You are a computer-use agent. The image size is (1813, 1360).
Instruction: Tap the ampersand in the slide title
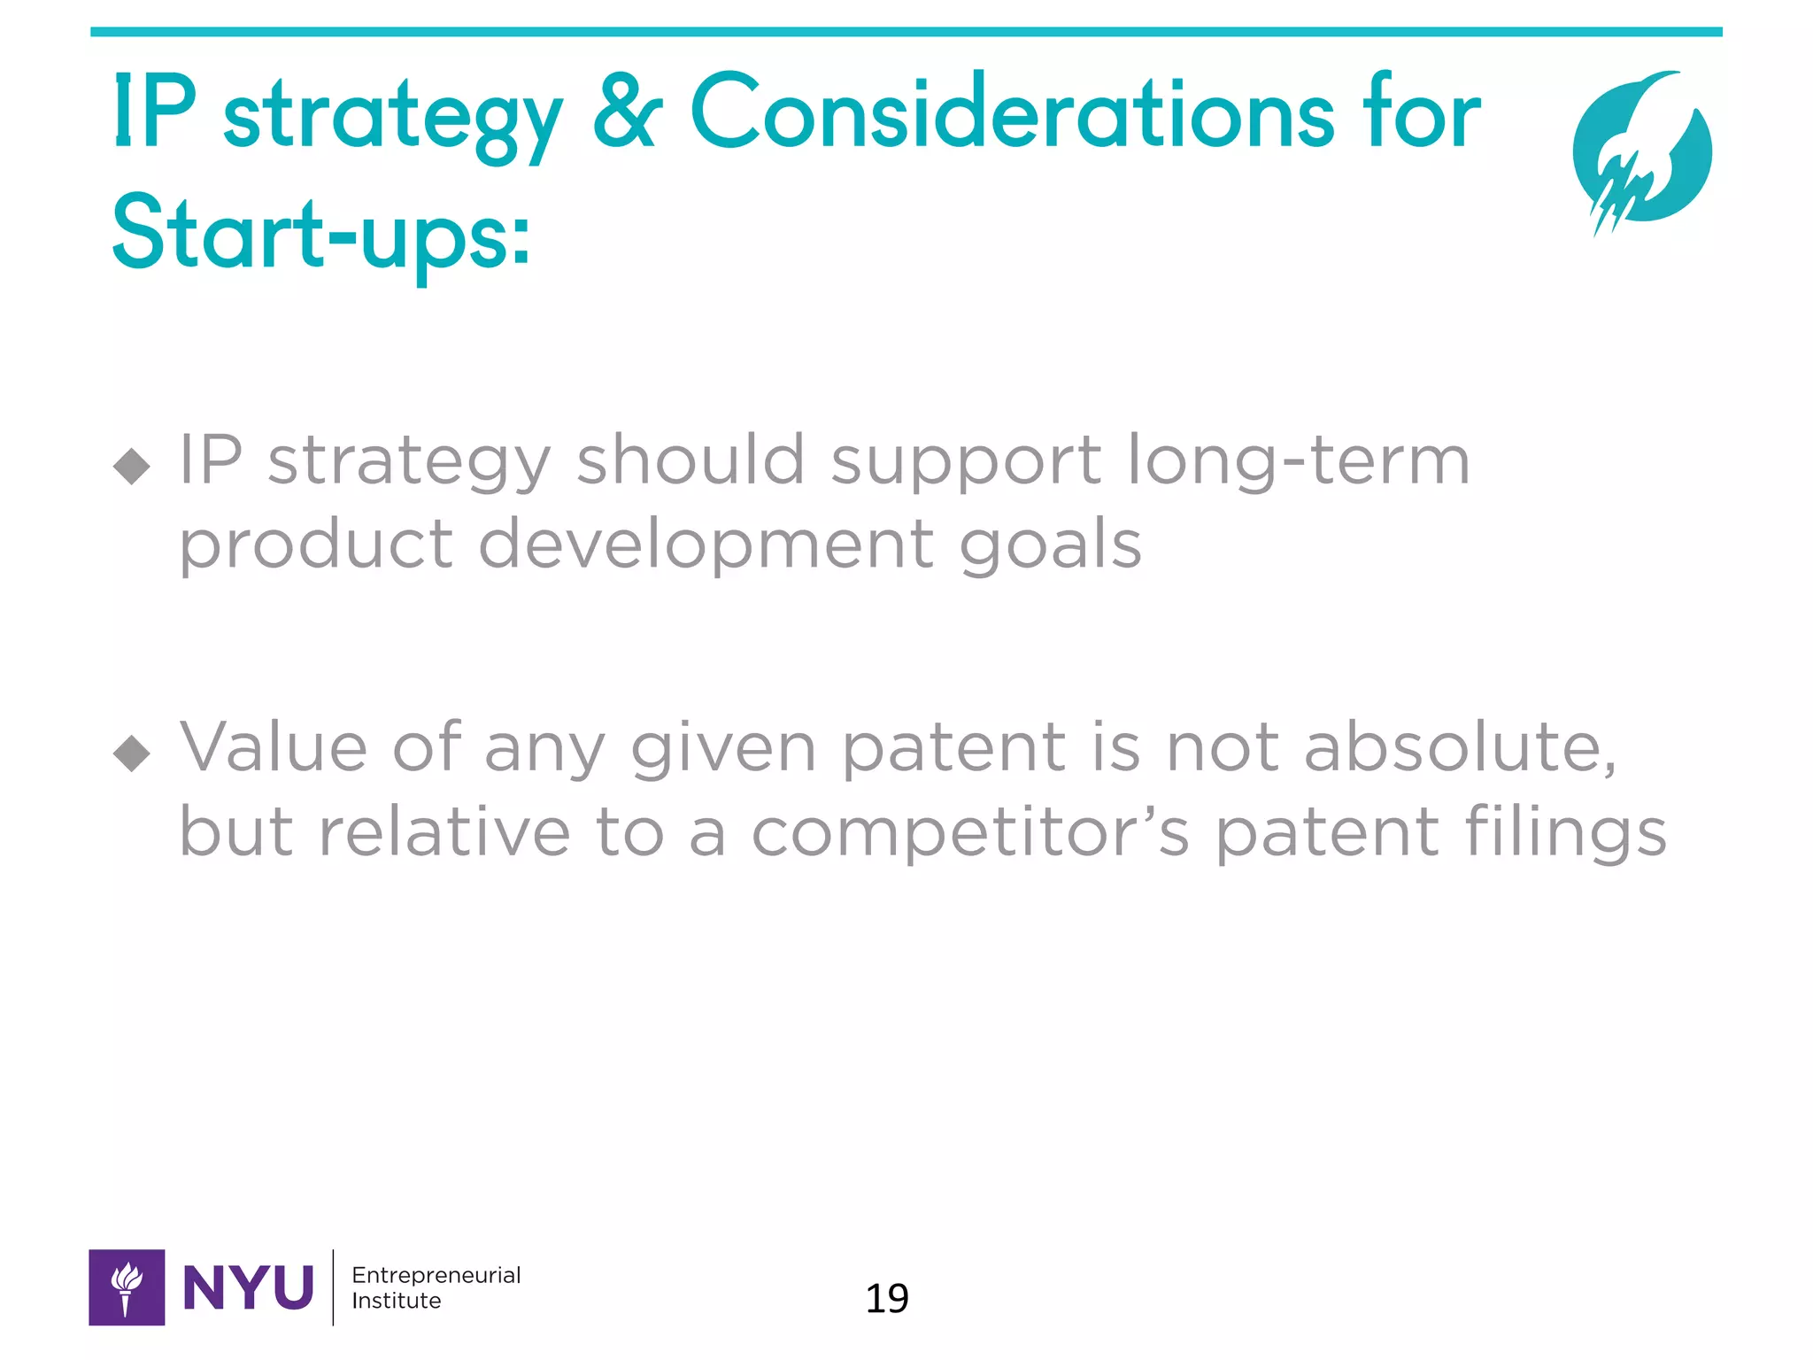pyautogui.click(x=627, y=113)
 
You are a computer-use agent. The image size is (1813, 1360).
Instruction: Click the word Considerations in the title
pyautogui.click(x=1011, y=113)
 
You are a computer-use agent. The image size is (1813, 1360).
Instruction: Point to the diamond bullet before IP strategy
pyautogui.click(x=132, y=465)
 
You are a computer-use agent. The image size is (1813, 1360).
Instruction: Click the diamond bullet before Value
pyautogui.click(x=132, y=753)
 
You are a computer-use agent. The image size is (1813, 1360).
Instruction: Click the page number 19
pyautogui.click(x=886, y=1298)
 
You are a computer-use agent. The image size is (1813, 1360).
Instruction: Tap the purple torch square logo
pyautogui.click(x=127, y=1287)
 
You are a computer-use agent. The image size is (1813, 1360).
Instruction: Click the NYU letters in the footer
pyautogui.click(x=248, y=1287)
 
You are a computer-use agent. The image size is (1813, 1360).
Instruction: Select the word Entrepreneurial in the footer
pyautogui.click(x=436, y=1275)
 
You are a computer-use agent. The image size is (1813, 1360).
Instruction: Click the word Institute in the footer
pyautogui.click(x=396, y=1301)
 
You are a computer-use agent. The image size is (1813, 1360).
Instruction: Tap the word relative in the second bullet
pyautogui.click(x=444, y=832)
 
